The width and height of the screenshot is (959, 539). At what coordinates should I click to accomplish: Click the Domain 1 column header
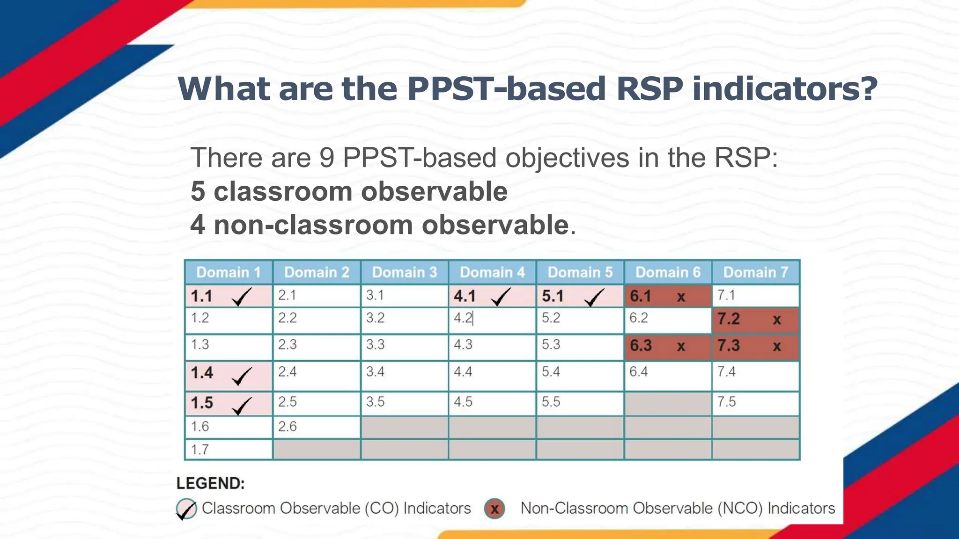coord(229,272)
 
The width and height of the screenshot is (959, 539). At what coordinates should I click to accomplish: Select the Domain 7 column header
coord(755,272)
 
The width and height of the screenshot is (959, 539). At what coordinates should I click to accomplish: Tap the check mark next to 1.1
coord(242,297)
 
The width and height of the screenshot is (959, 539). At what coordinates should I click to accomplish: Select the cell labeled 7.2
coord(755,320)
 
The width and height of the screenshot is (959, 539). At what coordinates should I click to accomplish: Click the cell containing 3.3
coord(404,347)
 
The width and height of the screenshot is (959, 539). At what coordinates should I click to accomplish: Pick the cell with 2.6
coord(316,427)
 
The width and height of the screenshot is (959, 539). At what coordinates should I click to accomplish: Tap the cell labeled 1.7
coord(229,450)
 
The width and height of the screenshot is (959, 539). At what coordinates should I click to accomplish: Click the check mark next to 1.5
coord(242,406)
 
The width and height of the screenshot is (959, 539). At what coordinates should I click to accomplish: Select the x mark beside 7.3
coord(777,347)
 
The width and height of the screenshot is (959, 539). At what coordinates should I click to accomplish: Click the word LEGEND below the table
coord(210,483)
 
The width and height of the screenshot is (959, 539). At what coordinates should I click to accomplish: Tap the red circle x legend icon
coord(494,509)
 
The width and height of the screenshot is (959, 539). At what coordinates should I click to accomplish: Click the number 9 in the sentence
coord(327,158)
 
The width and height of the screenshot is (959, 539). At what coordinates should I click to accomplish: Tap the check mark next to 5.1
coord(594,297)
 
